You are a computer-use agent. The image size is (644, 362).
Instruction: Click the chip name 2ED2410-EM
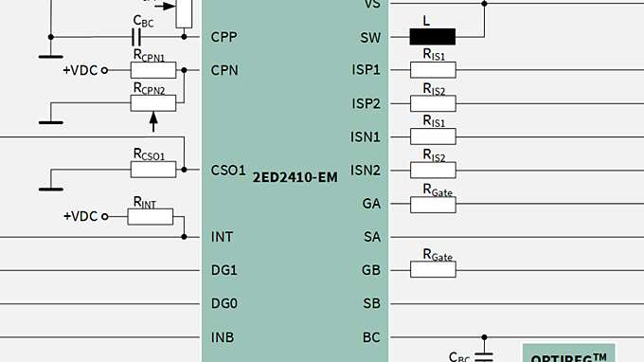[295, 176]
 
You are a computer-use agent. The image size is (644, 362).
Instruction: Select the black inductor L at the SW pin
[432, 38]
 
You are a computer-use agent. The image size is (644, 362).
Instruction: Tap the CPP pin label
[224, 38]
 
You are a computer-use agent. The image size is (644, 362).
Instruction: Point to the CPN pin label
[224, 70]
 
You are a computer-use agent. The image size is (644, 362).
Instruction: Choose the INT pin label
[222, 237]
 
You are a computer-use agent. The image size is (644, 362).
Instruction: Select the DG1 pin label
[224, 270]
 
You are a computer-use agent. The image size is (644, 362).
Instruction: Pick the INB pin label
[223, 337]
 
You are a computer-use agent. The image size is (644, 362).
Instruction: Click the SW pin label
[369, 38]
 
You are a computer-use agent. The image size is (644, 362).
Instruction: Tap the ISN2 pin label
[366, 171]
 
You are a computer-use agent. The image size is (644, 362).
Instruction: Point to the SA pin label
[371, 237]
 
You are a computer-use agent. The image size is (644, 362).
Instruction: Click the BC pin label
[371, 337]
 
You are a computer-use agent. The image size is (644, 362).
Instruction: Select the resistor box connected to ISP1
[433, 70]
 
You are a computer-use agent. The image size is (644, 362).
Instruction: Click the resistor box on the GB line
[433, 270]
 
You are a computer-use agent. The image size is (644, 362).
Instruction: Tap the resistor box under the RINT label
[151, 216]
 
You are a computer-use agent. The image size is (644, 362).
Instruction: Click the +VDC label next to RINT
[80, 216]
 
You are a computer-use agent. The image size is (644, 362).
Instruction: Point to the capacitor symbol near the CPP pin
[136, 38]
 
